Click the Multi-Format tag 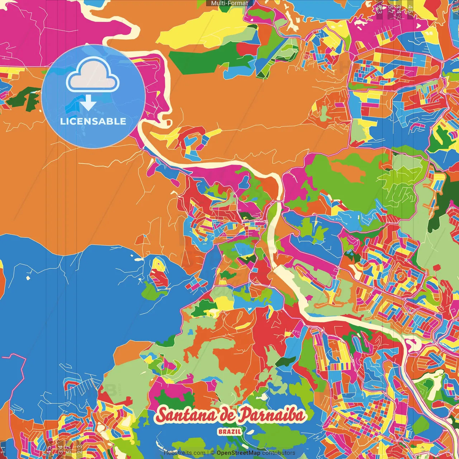[x=229, y=3]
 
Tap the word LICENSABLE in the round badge [x=93, y=121]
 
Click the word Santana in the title [x=186, y=415]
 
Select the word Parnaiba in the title [x=272, y=415]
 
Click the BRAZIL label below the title [x=229, y=431]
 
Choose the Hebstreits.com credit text [x=184, y=453]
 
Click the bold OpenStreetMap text [x=238, y=453]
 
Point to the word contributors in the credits [x=279, y=453]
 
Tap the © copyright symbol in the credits [x=213, y=453]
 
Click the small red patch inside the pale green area [x=437, y=268]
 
